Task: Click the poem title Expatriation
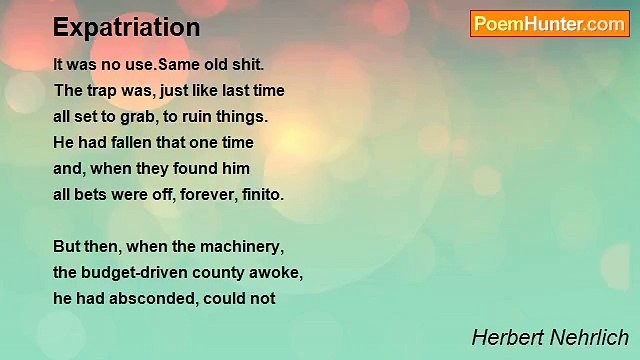point(126,27)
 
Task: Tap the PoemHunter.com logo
point(550,24)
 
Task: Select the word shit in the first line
point(247,64)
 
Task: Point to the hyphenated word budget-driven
point(135,272)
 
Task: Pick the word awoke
point(279,272)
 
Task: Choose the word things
point(246,116)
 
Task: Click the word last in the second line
point(235,90)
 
